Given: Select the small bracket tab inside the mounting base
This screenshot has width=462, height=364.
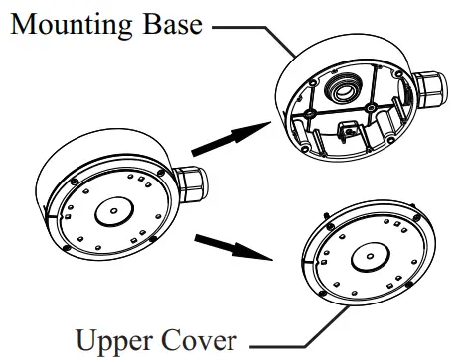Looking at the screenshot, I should pyautogui.click(x=348, y=129).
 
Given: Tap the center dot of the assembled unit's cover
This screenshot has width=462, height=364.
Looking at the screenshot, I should pyautogui.click(x=112, y=212).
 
